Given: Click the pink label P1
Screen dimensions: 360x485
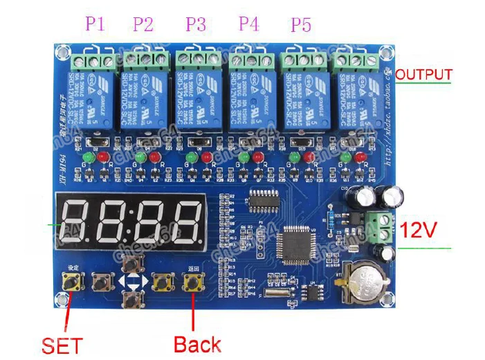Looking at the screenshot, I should click(x=95, y=24).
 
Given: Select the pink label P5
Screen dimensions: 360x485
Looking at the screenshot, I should click(x=301, y=26).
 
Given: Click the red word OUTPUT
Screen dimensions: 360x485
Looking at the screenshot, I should click(x=424, y=75).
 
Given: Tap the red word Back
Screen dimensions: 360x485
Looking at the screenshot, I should click(x=197, y=344).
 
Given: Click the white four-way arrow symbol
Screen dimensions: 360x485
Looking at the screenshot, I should click(x=131, y=282).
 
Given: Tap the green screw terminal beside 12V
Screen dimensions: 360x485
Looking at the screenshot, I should click(x=380, y=224).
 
